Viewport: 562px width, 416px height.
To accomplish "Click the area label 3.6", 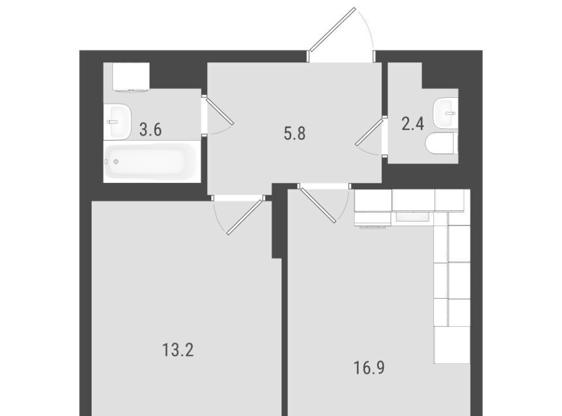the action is point(150,129).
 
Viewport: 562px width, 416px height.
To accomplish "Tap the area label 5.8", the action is point(294,134).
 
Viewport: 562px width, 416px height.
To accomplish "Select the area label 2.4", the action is point(413,124).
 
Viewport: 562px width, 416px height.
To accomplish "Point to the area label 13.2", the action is point(178,350).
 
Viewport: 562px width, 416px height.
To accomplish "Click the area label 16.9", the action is point(369,368).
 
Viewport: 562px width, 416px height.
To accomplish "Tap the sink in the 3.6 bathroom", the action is point(118,122).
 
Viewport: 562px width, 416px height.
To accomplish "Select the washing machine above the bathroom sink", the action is point(131,77).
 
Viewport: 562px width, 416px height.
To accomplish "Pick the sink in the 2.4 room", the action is point(446,113).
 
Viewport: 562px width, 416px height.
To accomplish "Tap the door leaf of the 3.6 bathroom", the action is point(220,111).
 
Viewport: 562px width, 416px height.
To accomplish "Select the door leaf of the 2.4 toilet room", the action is point(369,132).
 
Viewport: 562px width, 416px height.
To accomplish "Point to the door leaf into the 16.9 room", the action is point(319,204).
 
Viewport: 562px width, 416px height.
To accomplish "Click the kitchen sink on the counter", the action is point(412,217).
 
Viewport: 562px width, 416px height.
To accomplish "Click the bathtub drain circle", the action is point(116,162).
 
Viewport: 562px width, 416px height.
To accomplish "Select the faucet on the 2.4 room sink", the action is point(450,113).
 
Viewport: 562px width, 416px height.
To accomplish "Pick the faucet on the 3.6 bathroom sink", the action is point(112,122).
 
